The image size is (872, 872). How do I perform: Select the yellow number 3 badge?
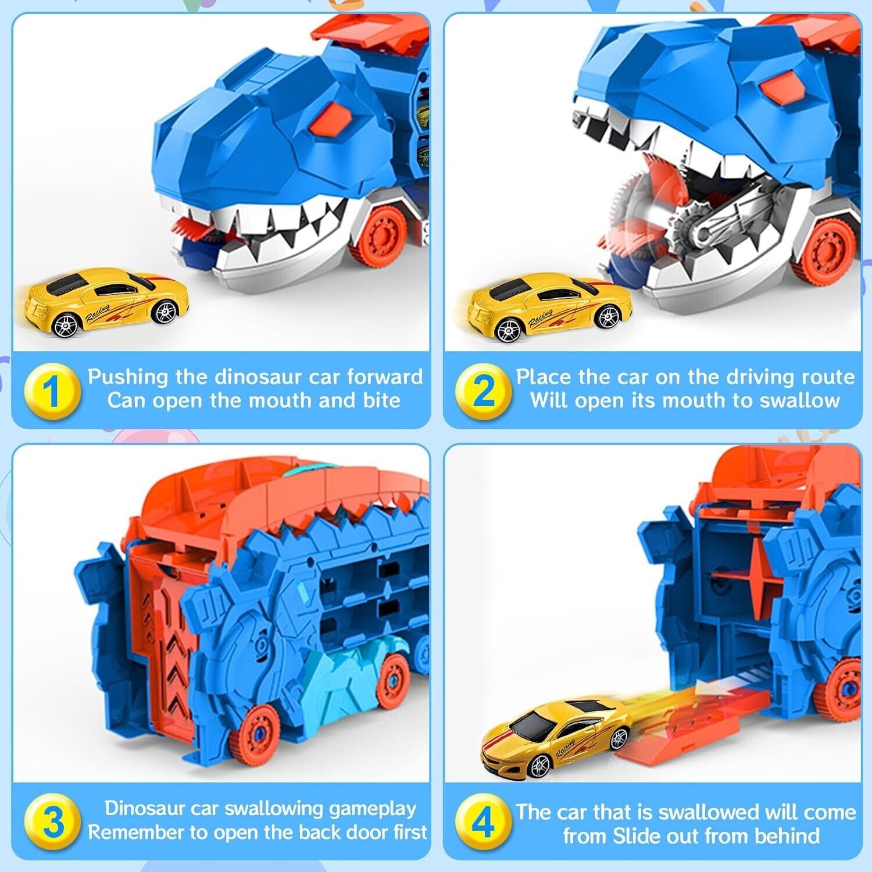pos(52,821)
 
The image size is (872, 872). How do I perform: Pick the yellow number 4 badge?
pos(484,821)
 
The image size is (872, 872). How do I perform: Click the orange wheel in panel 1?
pos(381,235)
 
